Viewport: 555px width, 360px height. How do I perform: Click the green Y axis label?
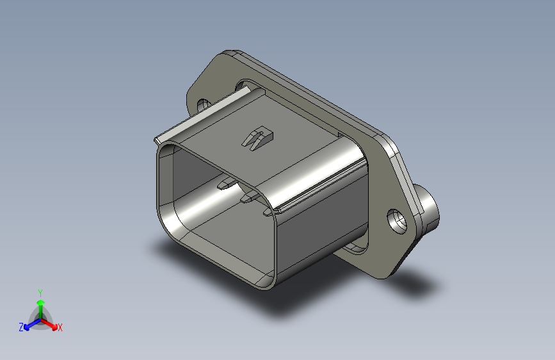[x=40, y=291]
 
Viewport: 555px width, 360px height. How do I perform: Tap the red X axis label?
[x=60, y=327]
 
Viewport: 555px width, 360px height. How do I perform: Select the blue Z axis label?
[x=21, y=327]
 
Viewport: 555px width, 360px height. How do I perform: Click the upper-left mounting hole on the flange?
[x=204, y=104]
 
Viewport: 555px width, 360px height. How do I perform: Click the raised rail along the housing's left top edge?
[x=198, y=118]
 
